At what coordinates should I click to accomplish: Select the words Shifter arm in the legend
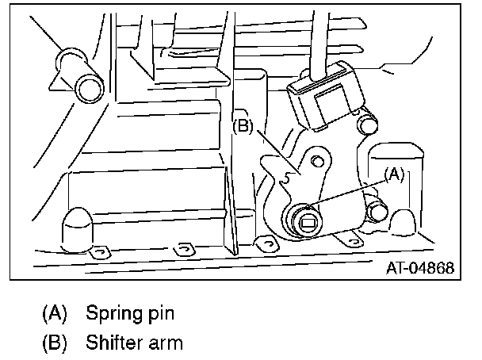pos(134,343)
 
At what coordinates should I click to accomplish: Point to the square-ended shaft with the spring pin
pos(308,221)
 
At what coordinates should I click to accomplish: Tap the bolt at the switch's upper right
pos(366,125)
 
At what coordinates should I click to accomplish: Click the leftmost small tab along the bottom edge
pos(98,251)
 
